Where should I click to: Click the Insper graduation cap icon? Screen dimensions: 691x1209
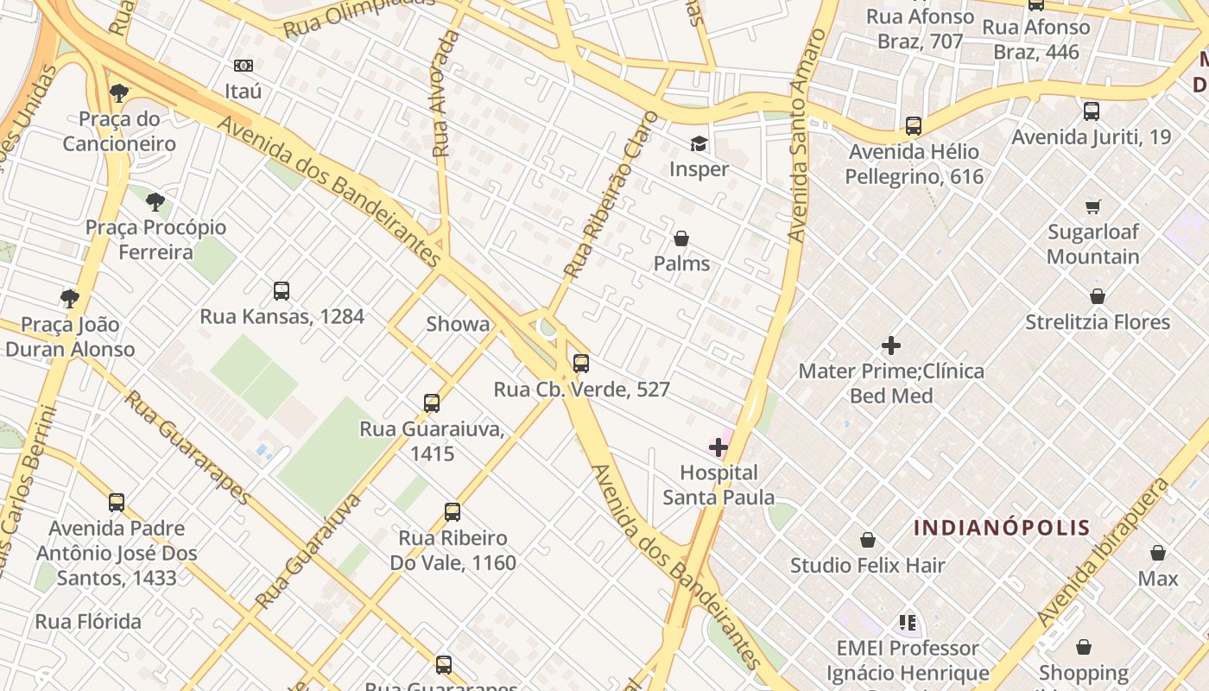[x=698, y=143]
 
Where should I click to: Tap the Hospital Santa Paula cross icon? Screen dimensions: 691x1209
[x=718, y=447]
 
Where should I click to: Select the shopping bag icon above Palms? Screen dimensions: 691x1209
[x=681, y=238]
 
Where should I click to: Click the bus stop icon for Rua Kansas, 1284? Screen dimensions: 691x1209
[x=282, y=291]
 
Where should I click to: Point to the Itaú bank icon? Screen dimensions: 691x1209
[x=244, y=66]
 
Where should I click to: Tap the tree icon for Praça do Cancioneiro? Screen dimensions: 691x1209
[x=119, y=93]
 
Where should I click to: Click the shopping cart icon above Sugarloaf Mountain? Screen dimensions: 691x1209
[x=1093, y=206]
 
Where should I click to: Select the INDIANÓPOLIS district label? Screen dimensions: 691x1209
[x=1002, y=528]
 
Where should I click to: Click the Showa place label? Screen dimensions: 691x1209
[x=458, y=325]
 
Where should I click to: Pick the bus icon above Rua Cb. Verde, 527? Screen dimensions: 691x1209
[x=581, y=364]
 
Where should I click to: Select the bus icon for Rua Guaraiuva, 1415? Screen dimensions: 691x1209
[x=432, y=403]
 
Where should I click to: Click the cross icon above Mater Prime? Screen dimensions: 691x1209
[x=891, y=346]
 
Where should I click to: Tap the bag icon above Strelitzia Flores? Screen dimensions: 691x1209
[x=1098, y=297]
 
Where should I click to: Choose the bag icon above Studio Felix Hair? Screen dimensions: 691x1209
[x=868, y=541]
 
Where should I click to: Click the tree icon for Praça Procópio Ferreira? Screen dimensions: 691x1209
[x=155, y=203]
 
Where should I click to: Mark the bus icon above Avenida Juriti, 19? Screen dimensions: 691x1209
[x=1092, y=111]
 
